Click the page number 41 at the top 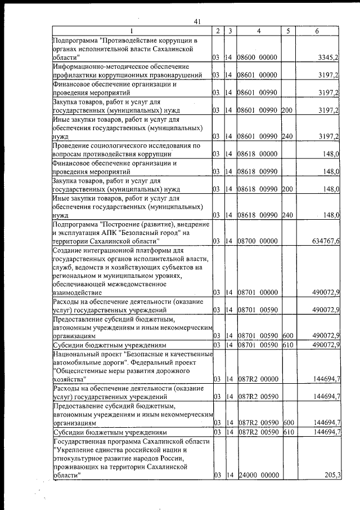pos(197,21)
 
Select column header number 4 pos(258,31)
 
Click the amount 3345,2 pos(327,57)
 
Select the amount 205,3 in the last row pos(332,476)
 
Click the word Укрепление pos(76,450)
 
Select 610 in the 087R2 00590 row pos(289,432)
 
